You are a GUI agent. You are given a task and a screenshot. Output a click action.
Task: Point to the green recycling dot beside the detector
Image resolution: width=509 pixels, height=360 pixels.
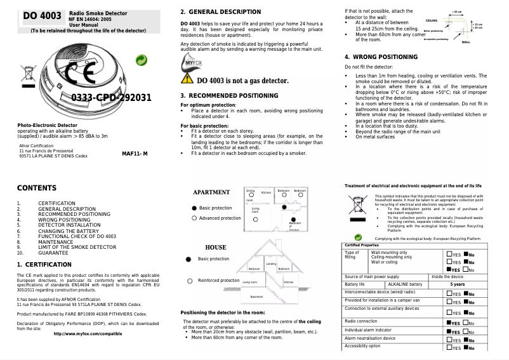(143, 60)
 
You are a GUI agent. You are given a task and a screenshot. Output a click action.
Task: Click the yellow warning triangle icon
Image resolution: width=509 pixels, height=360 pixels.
(187, 79)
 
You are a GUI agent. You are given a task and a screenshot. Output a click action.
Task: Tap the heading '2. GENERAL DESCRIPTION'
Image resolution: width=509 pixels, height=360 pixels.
(220, 12)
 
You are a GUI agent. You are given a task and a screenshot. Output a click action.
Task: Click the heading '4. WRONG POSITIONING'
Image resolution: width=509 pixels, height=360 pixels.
(381, 57)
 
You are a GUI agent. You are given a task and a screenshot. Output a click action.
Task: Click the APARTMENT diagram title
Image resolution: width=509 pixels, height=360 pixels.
(211, 192)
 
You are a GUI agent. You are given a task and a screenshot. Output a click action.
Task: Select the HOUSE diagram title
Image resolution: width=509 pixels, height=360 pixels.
(215, 247)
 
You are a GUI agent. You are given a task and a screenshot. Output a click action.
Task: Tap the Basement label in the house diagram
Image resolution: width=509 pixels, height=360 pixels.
(256, 297)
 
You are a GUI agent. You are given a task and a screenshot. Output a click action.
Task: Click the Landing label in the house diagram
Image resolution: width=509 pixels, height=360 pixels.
(271, 263)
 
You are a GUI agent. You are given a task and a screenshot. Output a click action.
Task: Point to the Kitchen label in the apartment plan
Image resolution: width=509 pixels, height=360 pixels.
(266, 192)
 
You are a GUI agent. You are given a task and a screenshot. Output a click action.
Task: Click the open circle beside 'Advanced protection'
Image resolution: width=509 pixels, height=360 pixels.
(194, 218)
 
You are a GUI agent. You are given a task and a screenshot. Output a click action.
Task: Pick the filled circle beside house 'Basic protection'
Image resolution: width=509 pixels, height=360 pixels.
(188, 259)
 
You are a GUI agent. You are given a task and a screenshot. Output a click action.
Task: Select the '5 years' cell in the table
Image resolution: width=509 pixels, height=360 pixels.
(457, 284)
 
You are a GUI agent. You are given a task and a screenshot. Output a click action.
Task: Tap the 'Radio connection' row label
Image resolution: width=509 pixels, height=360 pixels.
(361, 321)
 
